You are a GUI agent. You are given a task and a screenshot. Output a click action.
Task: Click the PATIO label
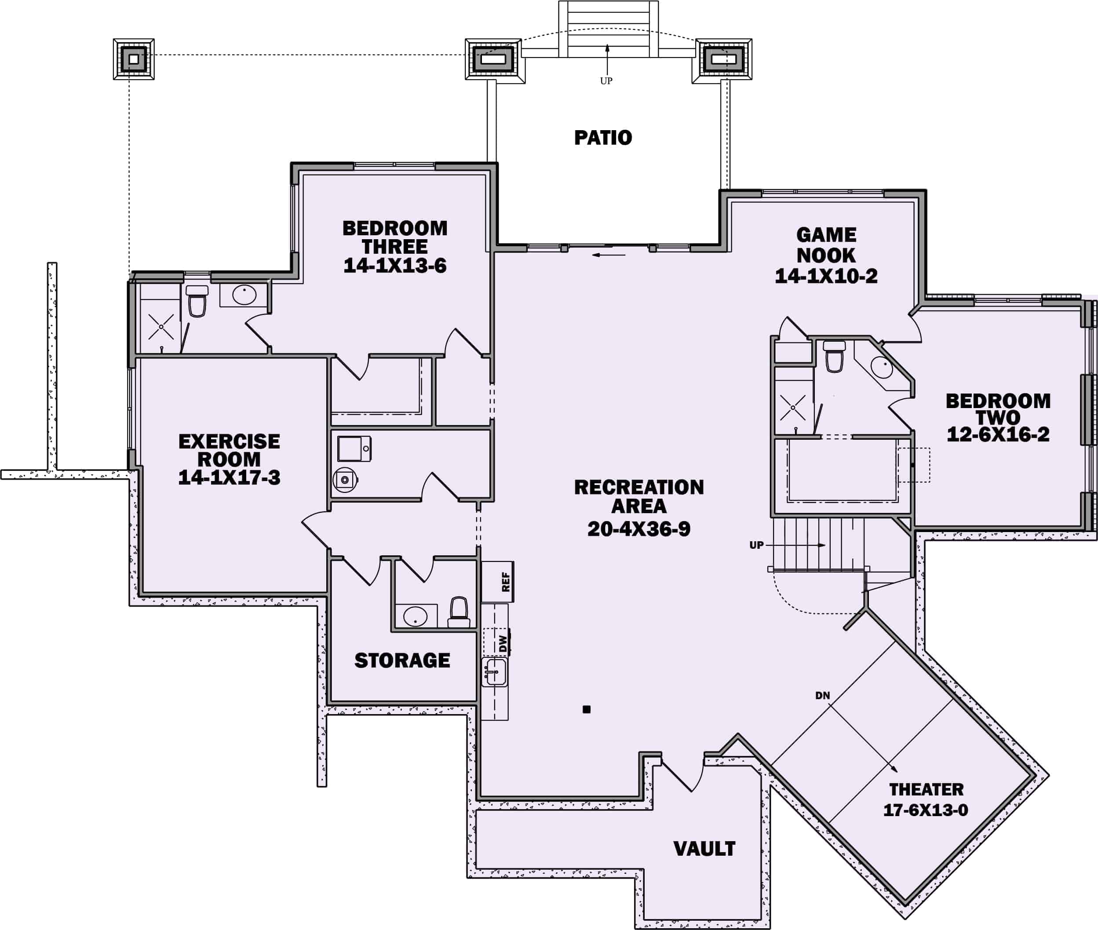coord(602,138)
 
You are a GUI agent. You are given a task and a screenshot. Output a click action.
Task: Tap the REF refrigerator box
coord(498,581)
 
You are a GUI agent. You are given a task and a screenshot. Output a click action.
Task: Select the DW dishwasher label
coord(503,643)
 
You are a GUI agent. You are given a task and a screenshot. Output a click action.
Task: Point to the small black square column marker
coord(586,709)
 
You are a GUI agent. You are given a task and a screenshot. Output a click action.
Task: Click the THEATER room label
coord(926,789)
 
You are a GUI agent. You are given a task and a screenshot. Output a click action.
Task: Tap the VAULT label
coord(704,849)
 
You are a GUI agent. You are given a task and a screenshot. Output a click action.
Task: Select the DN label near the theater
coord(822,695)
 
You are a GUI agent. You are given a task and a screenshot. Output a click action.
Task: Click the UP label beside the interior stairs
coord(756,545)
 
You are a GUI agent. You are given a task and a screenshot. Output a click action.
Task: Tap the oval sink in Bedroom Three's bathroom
coord(244,295)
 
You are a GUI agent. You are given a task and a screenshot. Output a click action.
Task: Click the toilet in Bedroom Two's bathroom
coord(834,357)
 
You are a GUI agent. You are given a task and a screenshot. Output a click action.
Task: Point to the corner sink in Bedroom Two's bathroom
coord(881,365)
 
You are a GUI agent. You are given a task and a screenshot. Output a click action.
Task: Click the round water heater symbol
coord(345,480)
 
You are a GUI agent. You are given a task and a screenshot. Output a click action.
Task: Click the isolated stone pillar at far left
coord(134,59)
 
